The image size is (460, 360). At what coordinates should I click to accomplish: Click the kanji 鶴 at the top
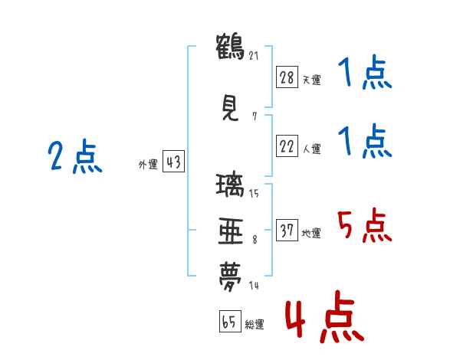click(x=230, y=47)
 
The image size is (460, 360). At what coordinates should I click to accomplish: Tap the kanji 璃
click(x=230, y=185)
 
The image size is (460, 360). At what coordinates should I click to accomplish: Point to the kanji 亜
click(x=231, y=231)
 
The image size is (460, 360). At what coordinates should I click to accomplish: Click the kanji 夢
click(x=230, y=277)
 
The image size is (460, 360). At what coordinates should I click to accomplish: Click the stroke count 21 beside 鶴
click(x=254, y=55)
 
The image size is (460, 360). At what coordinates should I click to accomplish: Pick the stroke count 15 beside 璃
click(x=254, y=194)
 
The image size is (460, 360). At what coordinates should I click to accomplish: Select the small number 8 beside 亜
click(x=255, y=240)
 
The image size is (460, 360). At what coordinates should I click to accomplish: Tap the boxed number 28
click(x=287, y=77)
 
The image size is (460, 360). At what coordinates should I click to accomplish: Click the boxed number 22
click(x=287, y=146)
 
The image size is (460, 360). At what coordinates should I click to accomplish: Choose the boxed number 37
click(x=287, y=230)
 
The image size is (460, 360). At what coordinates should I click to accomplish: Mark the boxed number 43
click(x=173, y=162)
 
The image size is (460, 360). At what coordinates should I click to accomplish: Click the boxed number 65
click(x=230, y=321)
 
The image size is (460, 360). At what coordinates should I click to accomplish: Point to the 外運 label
click(x=148, y=165)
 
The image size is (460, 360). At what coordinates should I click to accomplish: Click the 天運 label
click(x=311, y=80)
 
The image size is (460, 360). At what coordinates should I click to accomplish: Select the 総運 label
click(x=255, y=324)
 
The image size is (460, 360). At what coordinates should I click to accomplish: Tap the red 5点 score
click(x=364, y=225)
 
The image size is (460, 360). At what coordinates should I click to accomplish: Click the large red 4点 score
click(x=325, y=316)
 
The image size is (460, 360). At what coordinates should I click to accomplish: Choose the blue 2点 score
click(x=75, y=156)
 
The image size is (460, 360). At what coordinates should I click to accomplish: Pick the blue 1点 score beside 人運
click(x=365, y=141)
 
